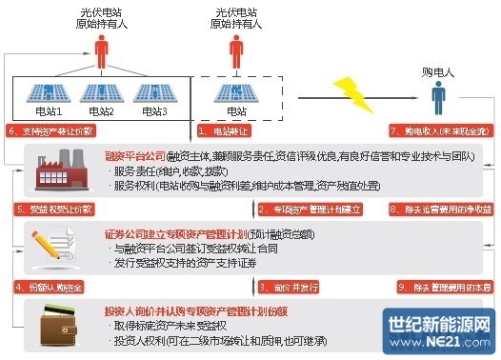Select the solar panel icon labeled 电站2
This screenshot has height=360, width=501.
coord(98,94)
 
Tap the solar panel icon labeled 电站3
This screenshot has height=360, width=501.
coord(151,94)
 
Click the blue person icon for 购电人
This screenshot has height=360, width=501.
coord(439,95)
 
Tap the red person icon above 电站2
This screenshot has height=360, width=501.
coord(98,44)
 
